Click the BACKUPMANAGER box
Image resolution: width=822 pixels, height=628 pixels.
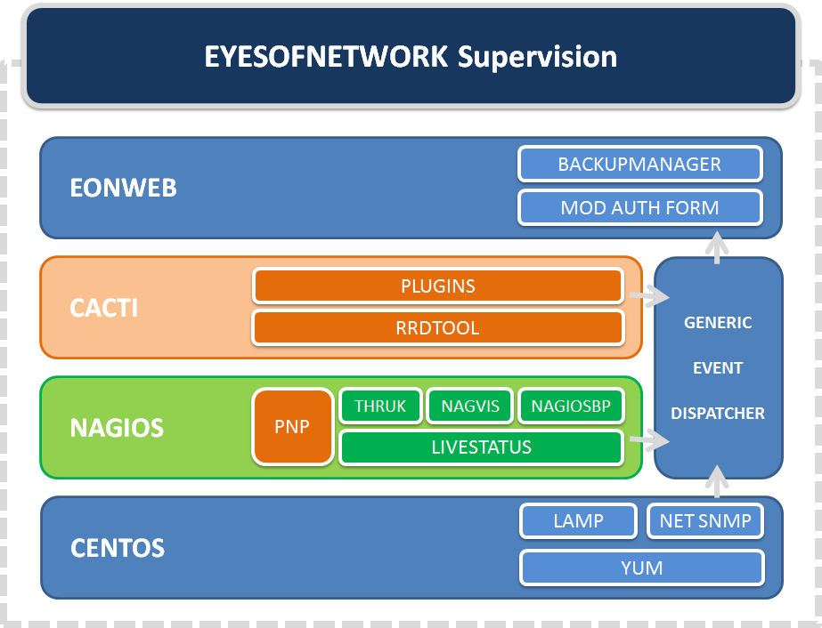click(x=639, y=165)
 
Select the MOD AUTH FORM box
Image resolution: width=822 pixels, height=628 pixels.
click(x=639, y=208)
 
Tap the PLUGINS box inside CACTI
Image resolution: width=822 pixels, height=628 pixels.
click(x=437, y=286)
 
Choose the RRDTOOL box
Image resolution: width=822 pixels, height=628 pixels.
click(x=437, y=328)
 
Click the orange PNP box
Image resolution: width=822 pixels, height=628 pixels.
click(x=292, y=427)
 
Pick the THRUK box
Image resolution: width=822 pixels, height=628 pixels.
click(x=380, y=407)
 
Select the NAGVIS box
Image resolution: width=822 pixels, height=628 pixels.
click(x=469, y=407)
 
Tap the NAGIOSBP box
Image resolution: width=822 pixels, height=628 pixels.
click(x=571, y=407)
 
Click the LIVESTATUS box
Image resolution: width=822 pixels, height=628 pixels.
click(x=481, y=447)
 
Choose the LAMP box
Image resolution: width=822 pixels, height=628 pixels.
click(x=578, y=521)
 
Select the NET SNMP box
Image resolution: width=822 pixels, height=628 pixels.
click(x=705, y=521)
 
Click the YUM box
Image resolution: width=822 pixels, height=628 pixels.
click(x=641, y=568)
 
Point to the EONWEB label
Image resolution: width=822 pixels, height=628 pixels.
click(x=123, y=189)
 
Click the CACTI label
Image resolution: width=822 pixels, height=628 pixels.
click(x=103, y=309)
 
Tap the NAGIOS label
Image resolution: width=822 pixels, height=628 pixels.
click(x=117, y=429)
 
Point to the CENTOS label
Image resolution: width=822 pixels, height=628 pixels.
click(x=118, y=548)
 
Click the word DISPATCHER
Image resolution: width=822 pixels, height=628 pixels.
click(x=718, y=414)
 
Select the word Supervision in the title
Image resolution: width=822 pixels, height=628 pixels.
click(x=537, y=57)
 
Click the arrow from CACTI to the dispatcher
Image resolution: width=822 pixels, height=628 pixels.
click(x=647, y=295)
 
